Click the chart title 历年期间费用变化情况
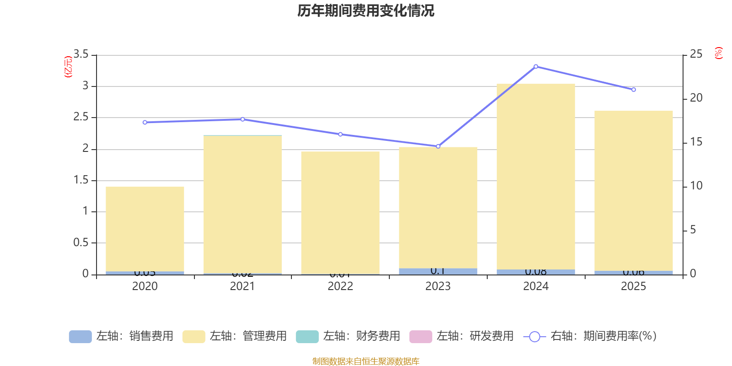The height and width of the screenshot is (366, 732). (x=366, y=11)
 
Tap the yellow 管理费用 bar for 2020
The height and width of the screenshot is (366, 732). (x=145, y=229)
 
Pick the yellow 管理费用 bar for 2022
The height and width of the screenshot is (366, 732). (x=340, y=213)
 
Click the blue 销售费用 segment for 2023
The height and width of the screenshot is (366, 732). (x=438, y=271)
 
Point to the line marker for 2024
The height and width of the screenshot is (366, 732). (x=536, y=66)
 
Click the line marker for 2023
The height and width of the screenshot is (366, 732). (x=438, y=146)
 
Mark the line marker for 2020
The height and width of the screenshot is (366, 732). (x=145, y=122)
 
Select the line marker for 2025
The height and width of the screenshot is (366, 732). (x=634, y=90)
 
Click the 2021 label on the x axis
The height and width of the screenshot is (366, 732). (x=242, y=286)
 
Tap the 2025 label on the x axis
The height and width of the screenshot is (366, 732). (x=634, y=286)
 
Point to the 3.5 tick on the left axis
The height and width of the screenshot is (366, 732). (x=81, y=54)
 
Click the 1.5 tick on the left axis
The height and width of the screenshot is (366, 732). (x=81, y=180)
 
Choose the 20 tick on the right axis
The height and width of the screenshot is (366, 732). (x=696, y=98)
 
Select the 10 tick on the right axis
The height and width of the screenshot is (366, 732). (x=696, y=186)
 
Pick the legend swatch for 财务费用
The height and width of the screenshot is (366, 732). (x=307, y=336)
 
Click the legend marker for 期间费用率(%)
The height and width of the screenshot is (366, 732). (x=534, y=337)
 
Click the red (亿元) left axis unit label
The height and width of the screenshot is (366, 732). (x=68, y=67)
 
